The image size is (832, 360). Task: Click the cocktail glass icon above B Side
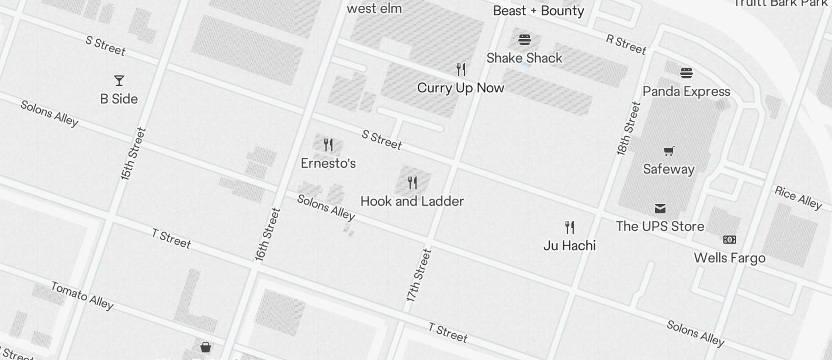[119, 80]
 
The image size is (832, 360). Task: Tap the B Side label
[119, 99]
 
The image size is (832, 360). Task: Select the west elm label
[374, 8]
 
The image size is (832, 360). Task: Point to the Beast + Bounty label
[539, 11]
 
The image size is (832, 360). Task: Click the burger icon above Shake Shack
[525, 40]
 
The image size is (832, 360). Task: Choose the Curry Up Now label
[460, 88]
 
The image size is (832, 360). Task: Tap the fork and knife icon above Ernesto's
[328, 145]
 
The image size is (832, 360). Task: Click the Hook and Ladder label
[412, 201]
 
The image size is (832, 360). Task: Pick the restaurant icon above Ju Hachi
[570, 227]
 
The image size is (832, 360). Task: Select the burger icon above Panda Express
[686, 73]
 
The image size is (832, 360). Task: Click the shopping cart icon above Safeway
[669, 151]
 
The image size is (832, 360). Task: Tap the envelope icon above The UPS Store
[660, 209]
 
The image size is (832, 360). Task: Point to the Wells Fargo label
[729, 258]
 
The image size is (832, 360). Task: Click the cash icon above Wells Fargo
[730, 240]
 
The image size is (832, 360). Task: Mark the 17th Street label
[420, 275]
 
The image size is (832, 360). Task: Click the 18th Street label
[628, 128]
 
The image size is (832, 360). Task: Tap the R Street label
[626, 44]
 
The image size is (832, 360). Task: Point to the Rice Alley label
[798, 197]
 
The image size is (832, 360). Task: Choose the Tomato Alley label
[82, 295]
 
